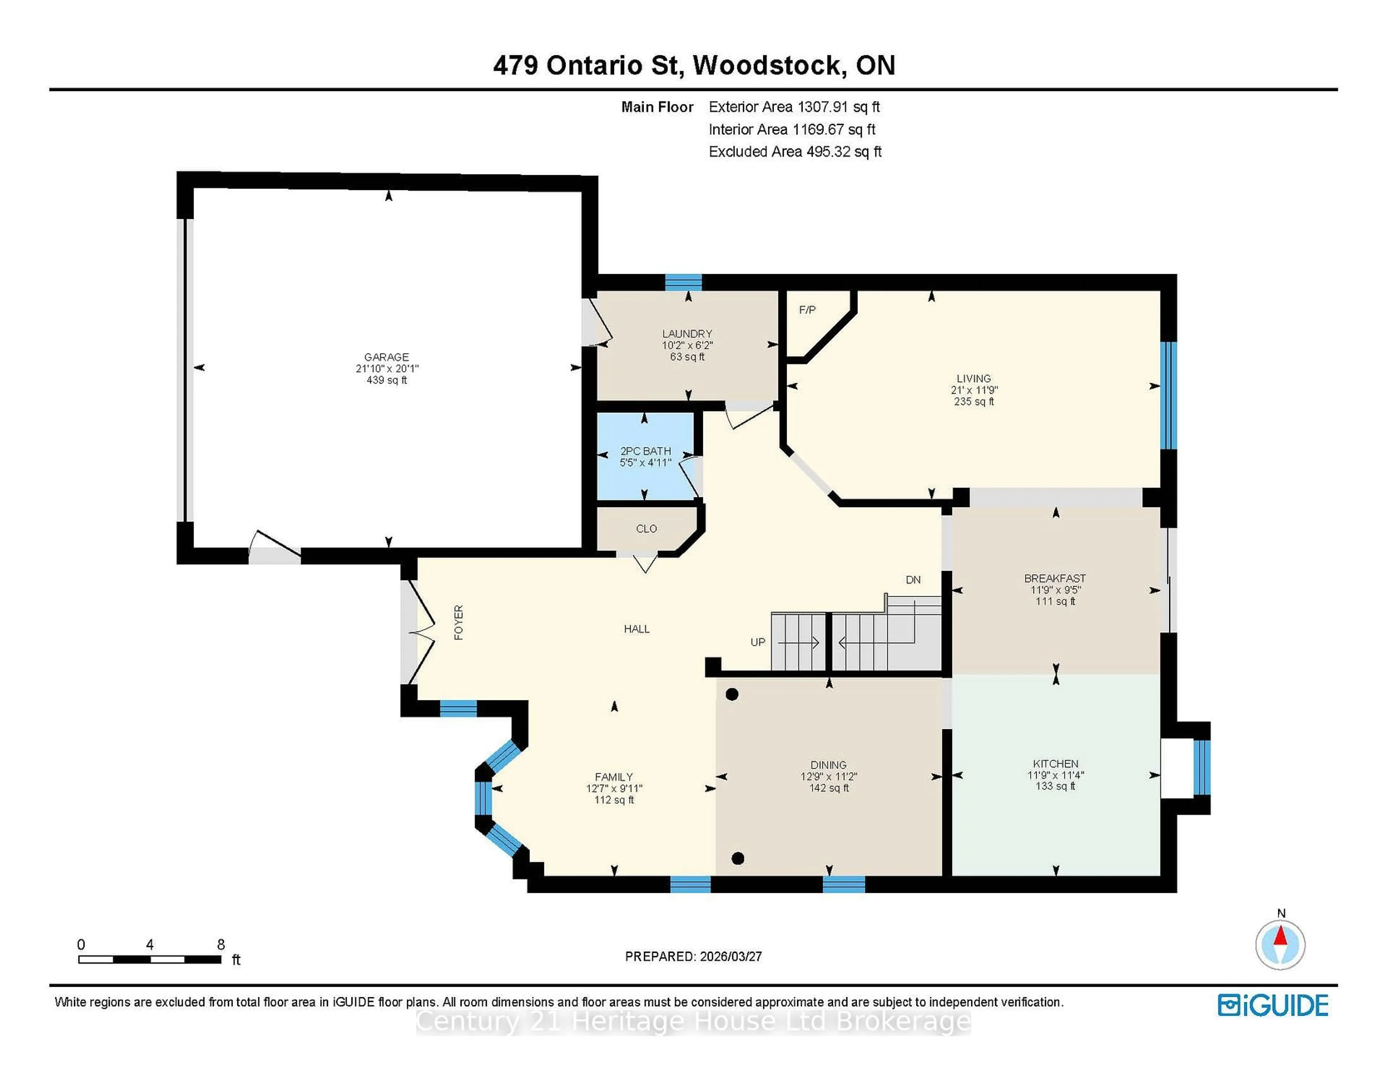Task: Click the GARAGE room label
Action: pyautogui.click(x=386, y=357)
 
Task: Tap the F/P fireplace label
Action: pyautogui.click(x=807, y=310)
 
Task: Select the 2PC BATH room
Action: pyautogui.click(x=645, y=456)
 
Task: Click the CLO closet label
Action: pyautogui.click(x=646, y=528)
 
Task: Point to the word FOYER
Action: pyautogui.click(x=458, y=622)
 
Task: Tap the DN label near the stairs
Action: pyautogui.click(x=913, y=580)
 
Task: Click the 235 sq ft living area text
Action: pyautogui.click(x=973, y=401)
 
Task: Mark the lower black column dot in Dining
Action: pyautogui.click(x=737, y=859)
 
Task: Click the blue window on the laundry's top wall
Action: pyautogui.click(x=683, y=282)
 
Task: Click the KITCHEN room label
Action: pyautogui.click(x=1055, y=763)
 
